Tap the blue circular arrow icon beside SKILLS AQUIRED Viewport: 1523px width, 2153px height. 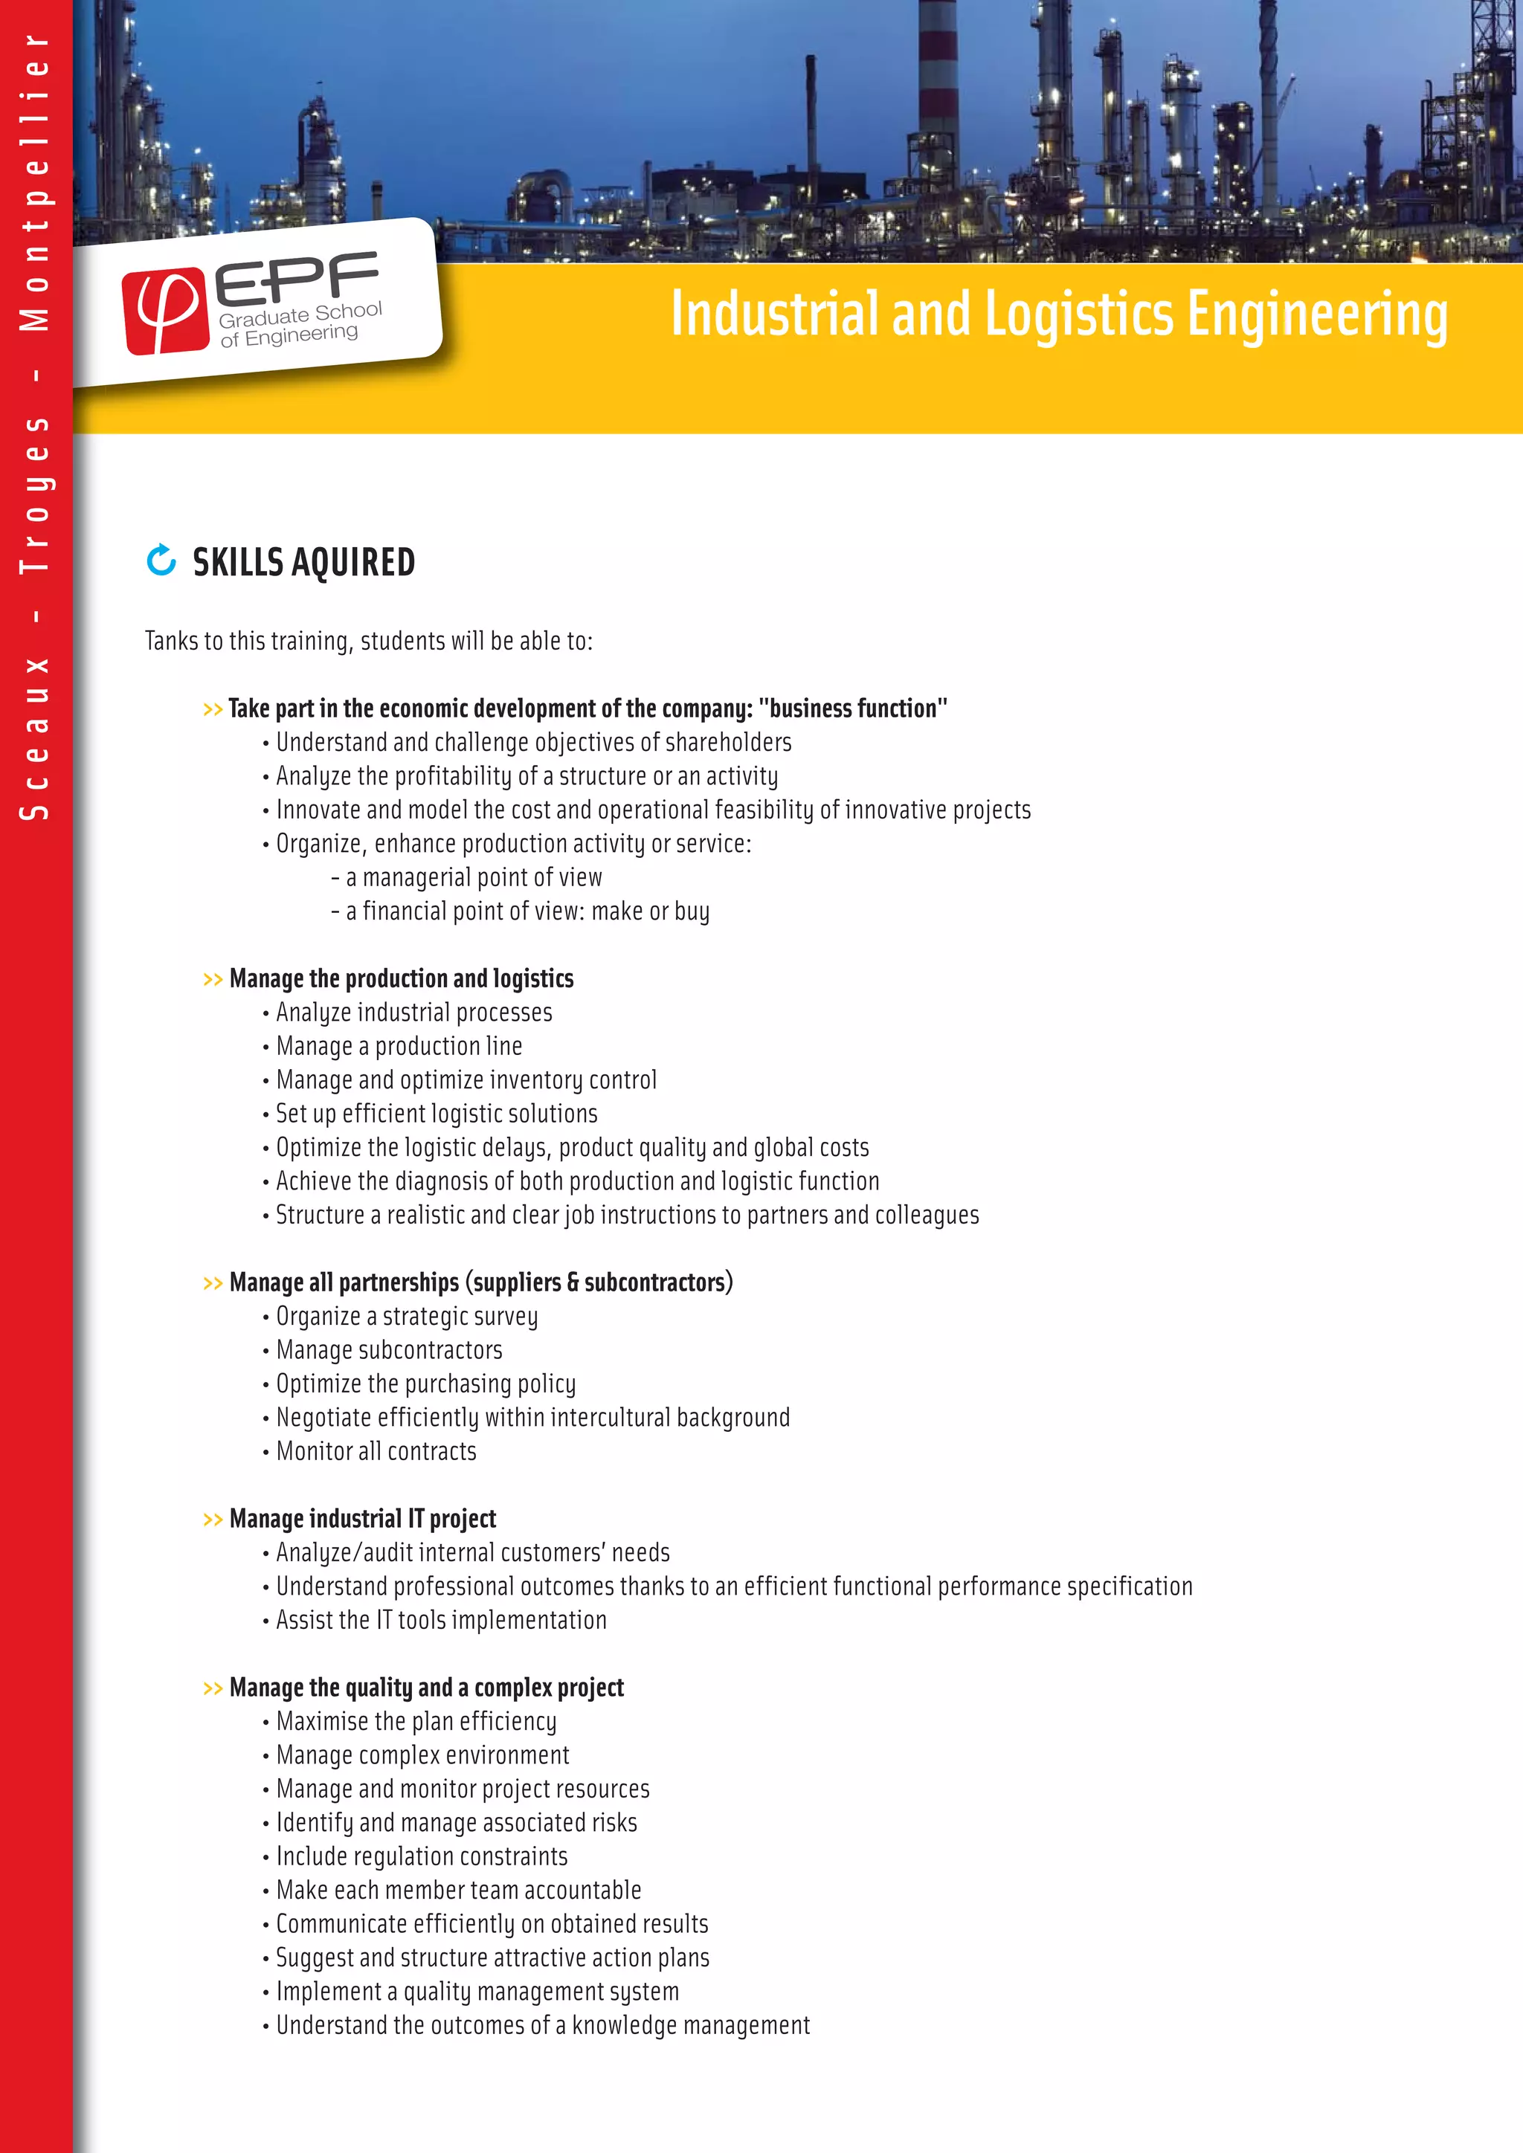(161, 560)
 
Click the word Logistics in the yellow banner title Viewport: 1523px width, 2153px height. (1078, 314)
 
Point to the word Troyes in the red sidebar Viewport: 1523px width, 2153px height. (35, 494)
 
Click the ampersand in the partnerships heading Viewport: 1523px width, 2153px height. (572, 1282)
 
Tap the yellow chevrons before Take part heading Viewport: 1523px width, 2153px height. (213, 710)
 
